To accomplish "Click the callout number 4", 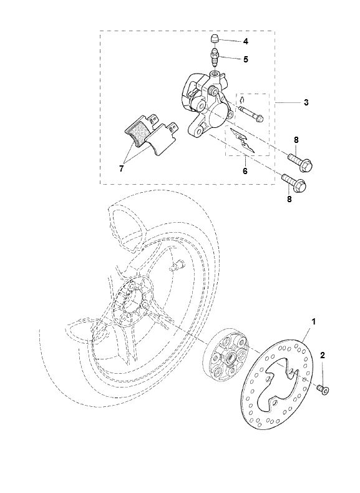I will click(x=245, y=41).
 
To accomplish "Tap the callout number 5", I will click(x=245, y=60).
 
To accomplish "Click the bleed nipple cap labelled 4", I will click(x=215, y=40).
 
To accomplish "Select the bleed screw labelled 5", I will click(x=215, y=59).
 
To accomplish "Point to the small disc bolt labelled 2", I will click(x=323, y=389).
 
